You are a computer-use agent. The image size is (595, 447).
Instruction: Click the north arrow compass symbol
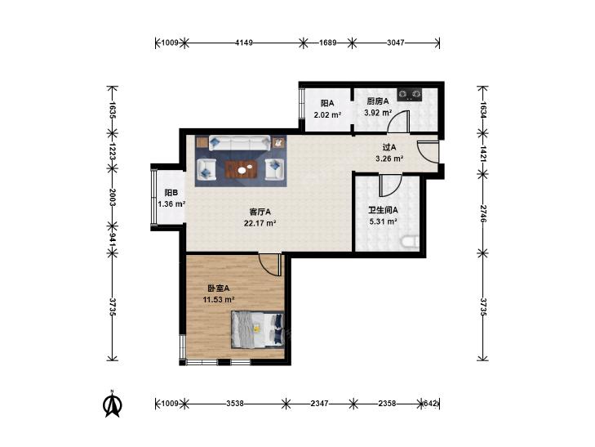click(x=112, y=404)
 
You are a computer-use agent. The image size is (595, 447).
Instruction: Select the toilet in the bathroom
click(x=411, y=242)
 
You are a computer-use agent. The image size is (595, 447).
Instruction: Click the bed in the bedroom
click(x=258, y=329)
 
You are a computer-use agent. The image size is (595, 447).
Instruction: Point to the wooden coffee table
click(x=242, y=169)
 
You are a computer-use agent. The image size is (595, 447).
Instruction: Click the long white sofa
click(x=239, y=143)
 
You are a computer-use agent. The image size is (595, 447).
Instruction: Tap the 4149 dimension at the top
click(x=243, y=43)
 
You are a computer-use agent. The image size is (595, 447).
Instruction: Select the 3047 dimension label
click(x=395, y=43)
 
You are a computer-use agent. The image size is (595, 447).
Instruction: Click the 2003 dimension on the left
click(x=113, y=197)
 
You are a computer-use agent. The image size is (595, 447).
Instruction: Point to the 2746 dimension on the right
click(x=483, y=214)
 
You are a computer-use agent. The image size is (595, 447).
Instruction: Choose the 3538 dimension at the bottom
click(x=235, y=404)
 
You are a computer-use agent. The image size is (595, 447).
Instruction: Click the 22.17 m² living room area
click(x=260, y=223)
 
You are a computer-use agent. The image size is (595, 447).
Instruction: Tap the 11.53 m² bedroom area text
click(x=219, y=300)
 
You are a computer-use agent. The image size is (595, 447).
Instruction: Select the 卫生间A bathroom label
click(x=383, y=210)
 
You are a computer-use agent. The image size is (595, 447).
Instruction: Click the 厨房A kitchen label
click(x=378, y=101)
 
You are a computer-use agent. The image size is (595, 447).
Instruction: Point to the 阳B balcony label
click(x=171, y=193)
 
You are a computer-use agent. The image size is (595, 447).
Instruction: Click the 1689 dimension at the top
click(x=327, y=43)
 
